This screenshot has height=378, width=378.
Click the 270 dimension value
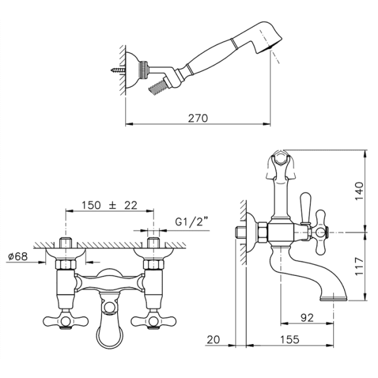coord(198,118)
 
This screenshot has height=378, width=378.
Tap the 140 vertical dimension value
coord(359,191)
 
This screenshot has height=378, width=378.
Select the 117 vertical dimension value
coord(359,266)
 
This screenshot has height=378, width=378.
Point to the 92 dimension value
coord(307,318)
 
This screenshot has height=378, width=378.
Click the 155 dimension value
coord(290,340)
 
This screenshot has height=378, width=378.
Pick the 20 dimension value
coord(214,340)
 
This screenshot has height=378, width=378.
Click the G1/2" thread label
coord(192,222)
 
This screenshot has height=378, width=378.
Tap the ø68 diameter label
coord(18,256)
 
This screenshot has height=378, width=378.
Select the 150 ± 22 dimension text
coord(110,205)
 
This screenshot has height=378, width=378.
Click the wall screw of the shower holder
coord(118,71)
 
